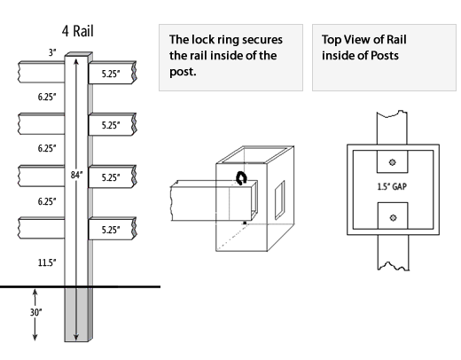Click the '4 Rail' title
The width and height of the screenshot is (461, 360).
point(78,31)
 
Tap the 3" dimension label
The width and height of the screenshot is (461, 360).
point(52,52)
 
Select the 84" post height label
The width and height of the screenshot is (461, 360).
point(76,175)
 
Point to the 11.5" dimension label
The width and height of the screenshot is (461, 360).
point(47,262)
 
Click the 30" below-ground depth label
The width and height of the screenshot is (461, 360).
point(35,312)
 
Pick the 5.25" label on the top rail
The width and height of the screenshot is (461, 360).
point(111,74)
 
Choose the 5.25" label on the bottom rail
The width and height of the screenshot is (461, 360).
point(111,230)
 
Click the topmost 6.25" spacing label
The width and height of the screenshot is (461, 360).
point(47,97)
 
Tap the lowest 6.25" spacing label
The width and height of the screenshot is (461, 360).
point(47,201)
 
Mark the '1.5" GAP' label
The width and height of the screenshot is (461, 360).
point(392,187)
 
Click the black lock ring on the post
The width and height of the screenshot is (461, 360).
point(241,178)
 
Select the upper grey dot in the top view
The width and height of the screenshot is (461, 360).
point(393,162)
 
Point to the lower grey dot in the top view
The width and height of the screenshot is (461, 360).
point(393,218)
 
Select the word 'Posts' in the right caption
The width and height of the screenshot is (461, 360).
point(385,56)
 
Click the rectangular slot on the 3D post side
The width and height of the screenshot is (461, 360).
point(280,200)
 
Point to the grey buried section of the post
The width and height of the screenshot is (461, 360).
point(76,315)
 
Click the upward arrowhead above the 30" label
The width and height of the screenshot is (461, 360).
point(35,293)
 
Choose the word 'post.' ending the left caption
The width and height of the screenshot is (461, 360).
point(183,72)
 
